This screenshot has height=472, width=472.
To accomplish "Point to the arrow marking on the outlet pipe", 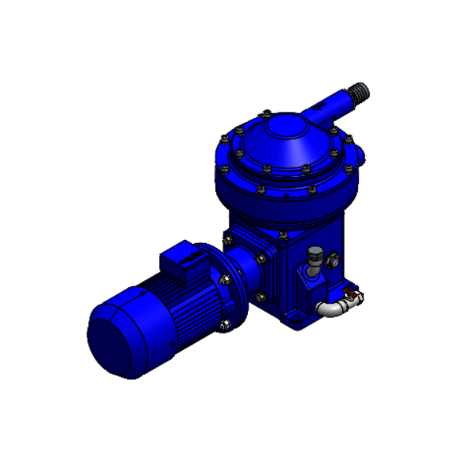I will click(331, 105).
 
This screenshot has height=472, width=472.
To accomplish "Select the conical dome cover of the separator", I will click(283, 146).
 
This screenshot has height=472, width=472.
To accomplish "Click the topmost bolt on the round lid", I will click(268, 112).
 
